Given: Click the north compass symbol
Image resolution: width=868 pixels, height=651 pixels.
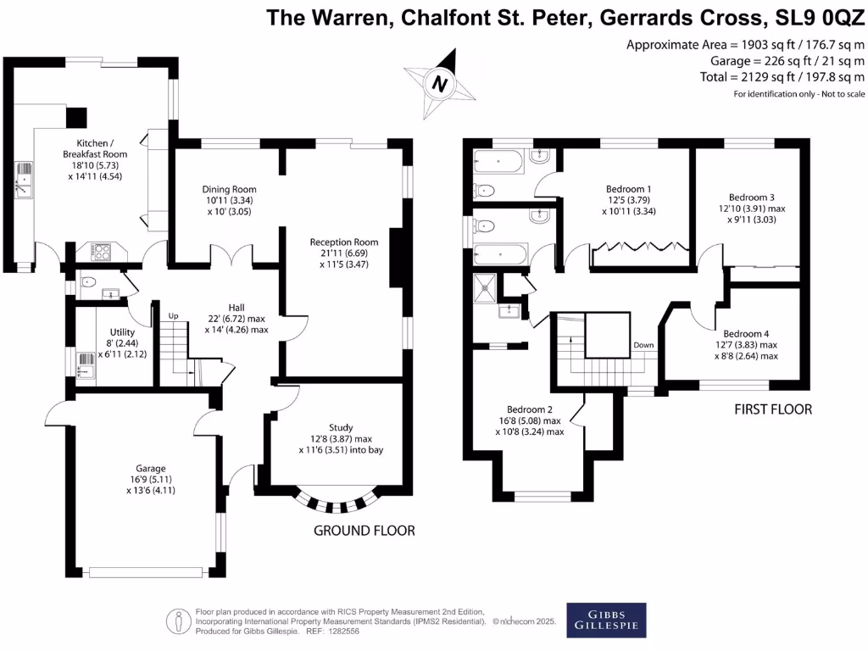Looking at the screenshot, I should pos(438,84).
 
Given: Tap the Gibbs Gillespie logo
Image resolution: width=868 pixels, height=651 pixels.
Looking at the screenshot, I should pos(606,620).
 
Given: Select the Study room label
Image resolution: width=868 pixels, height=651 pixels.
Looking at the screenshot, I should pos(341,427).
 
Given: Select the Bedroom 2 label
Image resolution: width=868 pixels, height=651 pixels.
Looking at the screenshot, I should pos(530,408).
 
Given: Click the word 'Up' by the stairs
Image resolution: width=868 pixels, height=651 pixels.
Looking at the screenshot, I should pos(175,316).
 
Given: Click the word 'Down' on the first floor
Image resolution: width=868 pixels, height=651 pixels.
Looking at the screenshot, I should pos(643,346).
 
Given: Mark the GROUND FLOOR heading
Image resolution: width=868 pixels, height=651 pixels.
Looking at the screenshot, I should pos(364,531).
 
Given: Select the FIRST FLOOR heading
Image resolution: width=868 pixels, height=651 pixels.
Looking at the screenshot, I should pos(773,409).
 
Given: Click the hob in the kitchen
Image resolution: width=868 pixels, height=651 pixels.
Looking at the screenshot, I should pos(102,251).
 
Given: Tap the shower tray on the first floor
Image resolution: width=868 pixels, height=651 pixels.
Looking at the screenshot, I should pos(487,287).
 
